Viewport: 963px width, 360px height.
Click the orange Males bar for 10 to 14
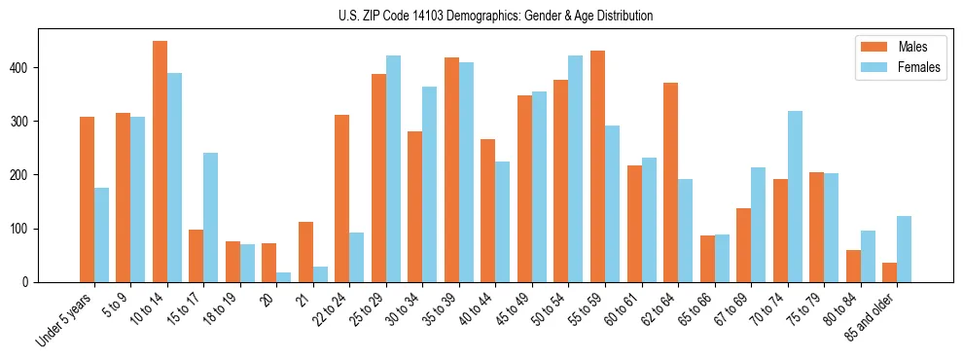pos(160,162)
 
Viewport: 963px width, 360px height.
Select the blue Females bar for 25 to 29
pos(393,168)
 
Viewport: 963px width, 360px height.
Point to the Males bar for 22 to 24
pos(342,198)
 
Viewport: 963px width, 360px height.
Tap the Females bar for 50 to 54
pos(576,168)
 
